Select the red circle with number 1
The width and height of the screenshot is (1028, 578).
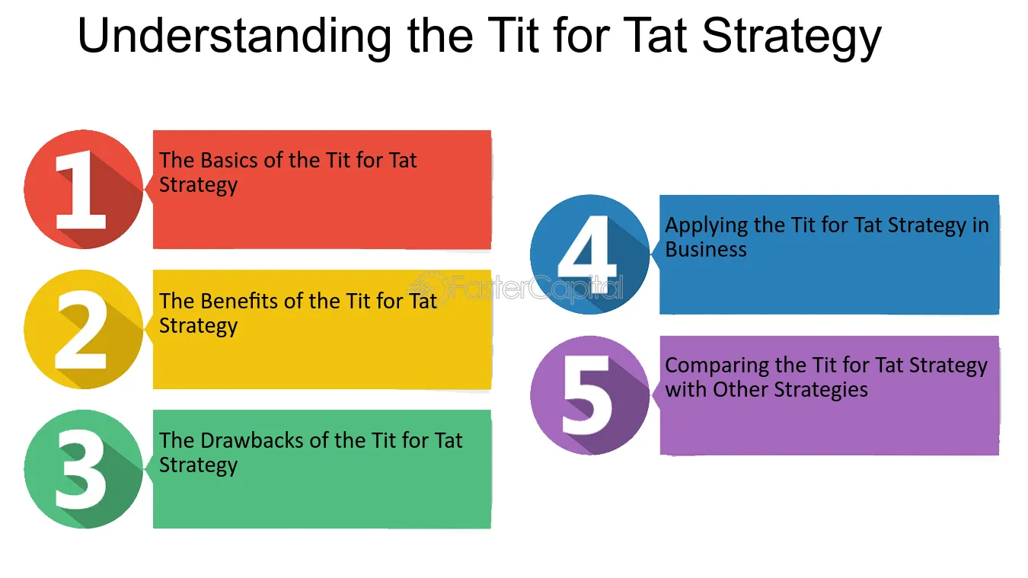click(83, 190)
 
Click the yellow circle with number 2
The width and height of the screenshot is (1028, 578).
click(83, 329)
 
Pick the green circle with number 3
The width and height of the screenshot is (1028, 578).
click(83, 469)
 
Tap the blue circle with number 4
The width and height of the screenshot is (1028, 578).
click(589, 254)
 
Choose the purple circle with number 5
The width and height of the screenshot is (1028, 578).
click(589, 394)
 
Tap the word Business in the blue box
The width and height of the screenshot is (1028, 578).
click(706, 250)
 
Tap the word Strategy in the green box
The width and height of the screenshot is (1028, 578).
click(198, 465)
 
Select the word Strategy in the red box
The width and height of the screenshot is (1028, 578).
click(198, 185)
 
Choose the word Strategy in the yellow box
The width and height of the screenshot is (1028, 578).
click(198, 326)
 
